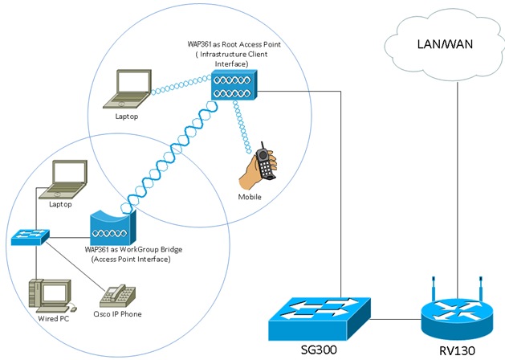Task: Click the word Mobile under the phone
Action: point(250,197)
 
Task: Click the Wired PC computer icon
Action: point(50,296)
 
